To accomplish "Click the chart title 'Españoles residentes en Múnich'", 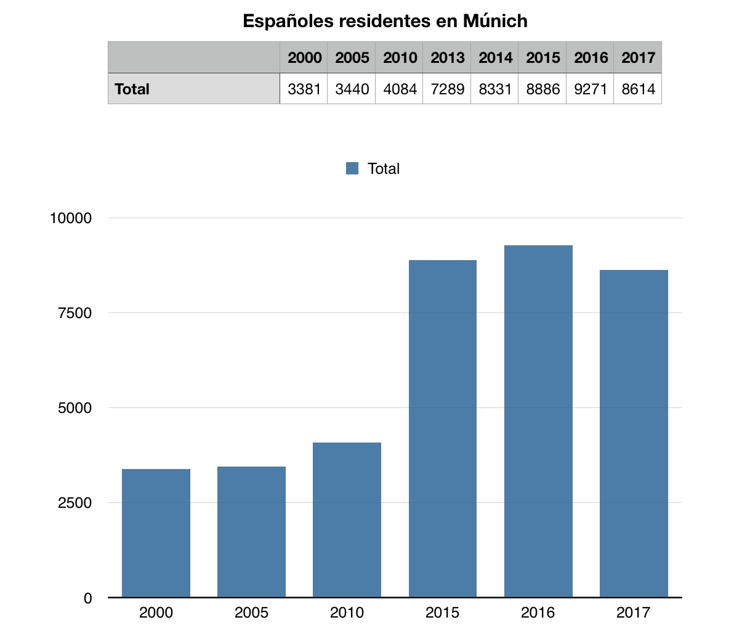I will click(x=385, y=21).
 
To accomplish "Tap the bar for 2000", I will click(x=156, y=533).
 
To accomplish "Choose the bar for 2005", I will click(x=251, y=532).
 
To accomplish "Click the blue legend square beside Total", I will click(x=352, y=168).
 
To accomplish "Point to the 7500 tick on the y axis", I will click(x=75, y=313).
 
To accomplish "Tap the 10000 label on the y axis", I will click(x=71, y=218).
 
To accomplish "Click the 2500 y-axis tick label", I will click(x=75, y=503).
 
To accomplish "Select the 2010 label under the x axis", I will click(x=347, y=613).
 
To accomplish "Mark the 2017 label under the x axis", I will click(x=634, y=613).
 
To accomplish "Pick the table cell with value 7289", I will click(x=447, y=89).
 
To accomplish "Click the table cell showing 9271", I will click(x=591, y=89).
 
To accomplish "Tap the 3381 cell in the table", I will click(x=304, y=89).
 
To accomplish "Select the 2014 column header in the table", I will click(x=495, y=58).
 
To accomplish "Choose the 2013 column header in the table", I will click(x=447, y=58).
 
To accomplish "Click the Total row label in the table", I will click(x=132, y=89).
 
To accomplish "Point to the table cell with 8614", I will click(x=638, y=89).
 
